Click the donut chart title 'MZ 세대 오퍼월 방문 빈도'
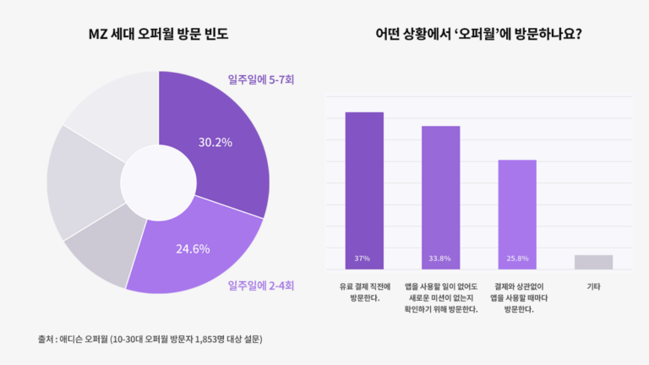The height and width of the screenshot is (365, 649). pos(159,35)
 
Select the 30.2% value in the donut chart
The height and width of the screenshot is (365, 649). pos(215,142)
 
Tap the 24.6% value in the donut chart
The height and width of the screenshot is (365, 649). pos(193,248)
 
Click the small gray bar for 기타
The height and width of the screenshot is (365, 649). pos(593,262)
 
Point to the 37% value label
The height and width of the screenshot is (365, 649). pos(364,258)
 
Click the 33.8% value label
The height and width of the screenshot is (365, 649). pos(440,258)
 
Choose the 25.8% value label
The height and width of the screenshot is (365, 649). pos(517,258)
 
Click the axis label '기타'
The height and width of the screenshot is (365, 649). pos(593,286)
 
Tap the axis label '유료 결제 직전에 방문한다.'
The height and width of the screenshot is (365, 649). pos(364,292)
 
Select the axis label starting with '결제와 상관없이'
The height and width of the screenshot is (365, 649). pos(517,297)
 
